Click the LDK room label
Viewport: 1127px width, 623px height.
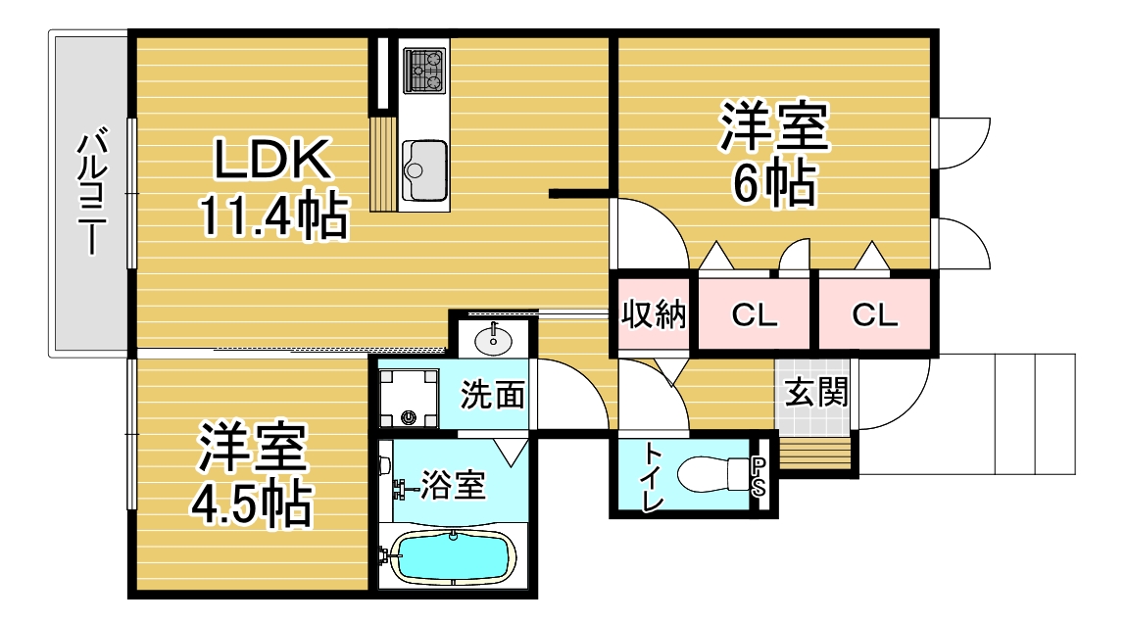point(272,159)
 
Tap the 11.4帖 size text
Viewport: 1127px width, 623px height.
point(273,215)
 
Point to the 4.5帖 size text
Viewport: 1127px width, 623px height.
point(251,503)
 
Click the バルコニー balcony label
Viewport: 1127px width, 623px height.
point(91,192)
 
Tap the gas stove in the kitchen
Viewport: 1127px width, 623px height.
point(424,71)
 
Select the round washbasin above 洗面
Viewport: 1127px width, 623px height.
point(493,338)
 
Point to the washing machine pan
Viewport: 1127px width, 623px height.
point(409,398)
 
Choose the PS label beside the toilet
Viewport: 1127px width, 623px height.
point(759,477)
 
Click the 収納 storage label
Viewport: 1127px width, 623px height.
point(654,314)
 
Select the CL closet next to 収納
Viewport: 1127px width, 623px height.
point(754,314)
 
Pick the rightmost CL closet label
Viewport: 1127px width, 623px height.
point(875,314)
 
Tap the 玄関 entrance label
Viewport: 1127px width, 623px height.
point(815,392)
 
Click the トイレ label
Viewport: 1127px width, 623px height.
point(653,477)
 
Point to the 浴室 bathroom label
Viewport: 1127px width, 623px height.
point(453,484)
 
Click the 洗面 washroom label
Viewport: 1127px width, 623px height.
point(492,395)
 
